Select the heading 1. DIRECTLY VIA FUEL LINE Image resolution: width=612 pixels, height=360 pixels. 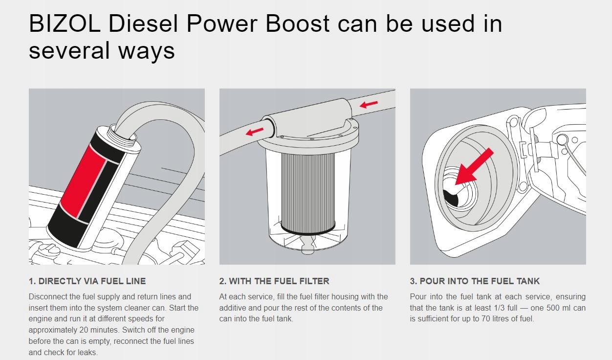87,281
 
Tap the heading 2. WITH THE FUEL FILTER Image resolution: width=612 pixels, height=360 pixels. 274,281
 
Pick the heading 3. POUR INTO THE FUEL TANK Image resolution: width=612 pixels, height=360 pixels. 475,281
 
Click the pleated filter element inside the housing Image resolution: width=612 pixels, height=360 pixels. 307,191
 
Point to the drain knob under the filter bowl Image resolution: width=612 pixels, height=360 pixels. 307,250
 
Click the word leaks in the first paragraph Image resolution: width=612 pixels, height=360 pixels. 86,352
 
